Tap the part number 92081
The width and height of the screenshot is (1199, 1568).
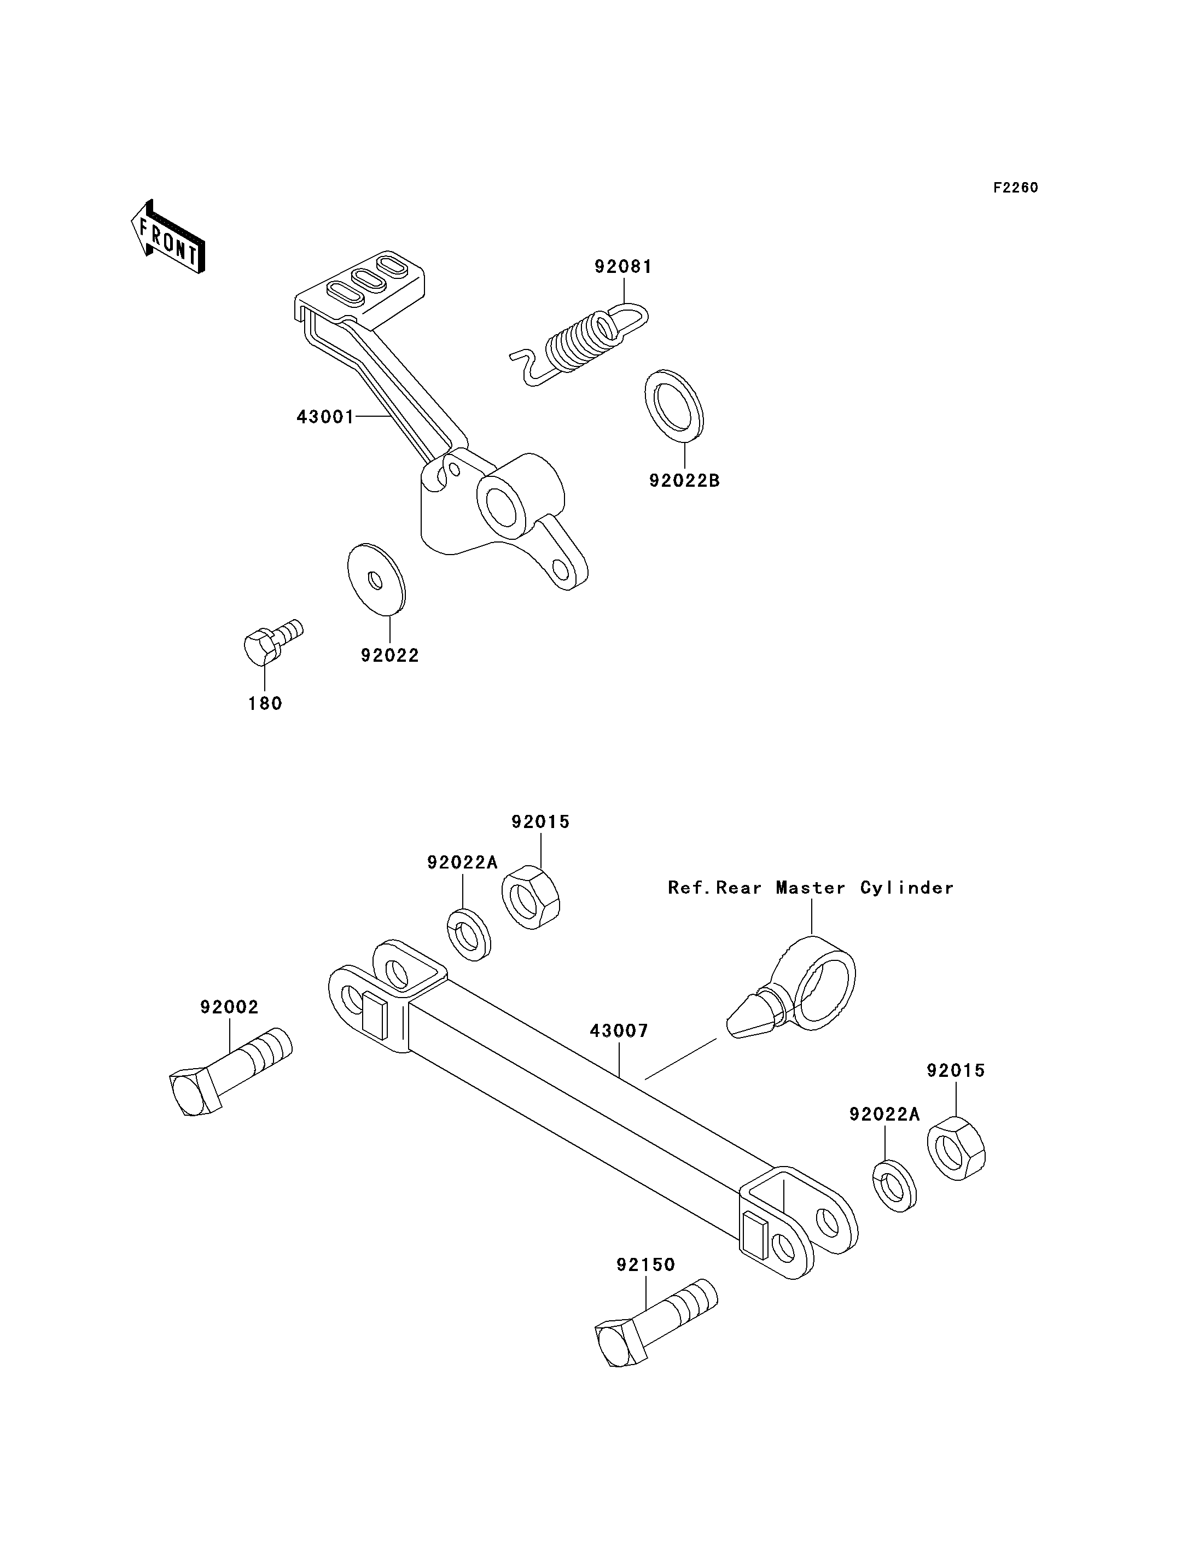623,267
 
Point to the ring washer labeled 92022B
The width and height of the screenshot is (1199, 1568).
674,405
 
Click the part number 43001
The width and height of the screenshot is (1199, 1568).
325,417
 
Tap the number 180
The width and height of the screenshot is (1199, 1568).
265,704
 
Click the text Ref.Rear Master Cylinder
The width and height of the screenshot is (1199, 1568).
811,888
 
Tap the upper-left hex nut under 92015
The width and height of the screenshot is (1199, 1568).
530,897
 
